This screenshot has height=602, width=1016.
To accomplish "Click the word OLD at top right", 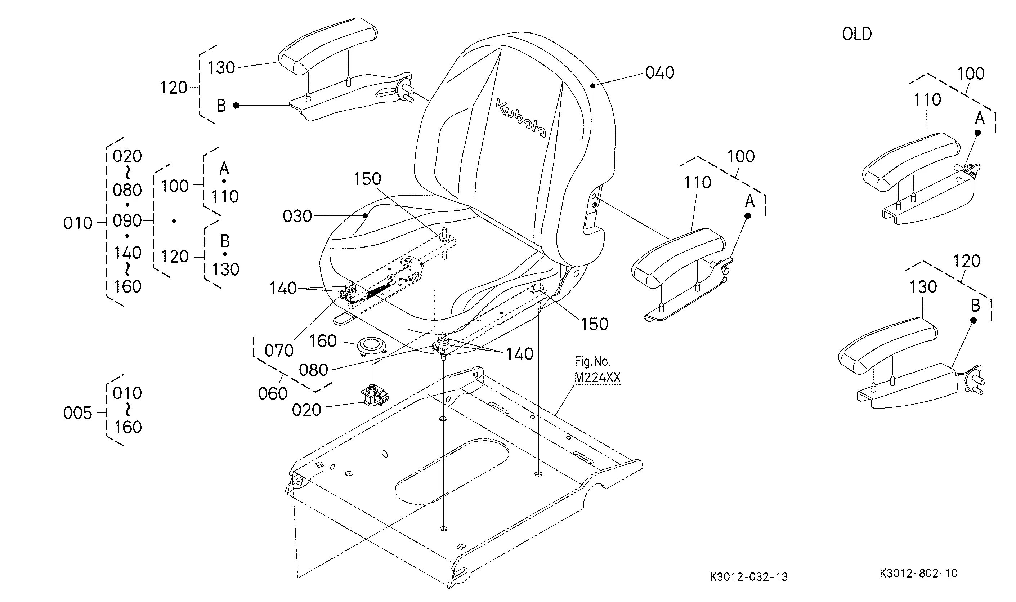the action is (x=857, y=34).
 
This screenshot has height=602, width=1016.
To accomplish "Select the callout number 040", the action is (x=660, y=73).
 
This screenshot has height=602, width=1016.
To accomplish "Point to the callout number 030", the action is (x=297, y=216).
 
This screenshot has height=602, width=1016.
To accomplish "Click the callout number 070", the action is (x=279, y=351).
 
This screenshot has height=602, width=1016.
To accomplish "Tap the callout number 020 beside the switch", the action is (x=306, y=410).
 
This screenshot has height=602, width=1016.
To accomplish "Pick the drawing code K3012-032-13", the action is (x=749, y=577).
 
